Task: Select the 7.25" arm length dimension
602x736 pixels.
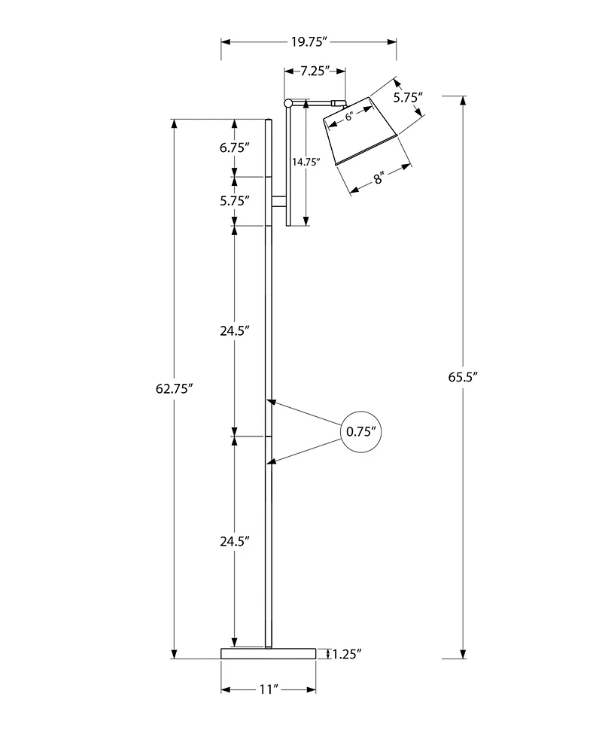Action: (x=316, y=72)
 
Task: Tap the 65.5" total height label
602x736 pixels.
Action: (x=464, y=378)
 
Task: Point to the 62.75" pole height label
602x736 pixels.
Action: (x=175, y=389)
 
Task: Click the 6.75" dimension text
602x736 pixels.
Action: (x=235, y=148)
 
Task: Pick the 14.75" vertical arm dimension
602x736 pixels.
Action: (x=306, y=161)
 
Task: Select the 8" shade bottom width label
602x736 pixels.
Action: (x=379, y=178)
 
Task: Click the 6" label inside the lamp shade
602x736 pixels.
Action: (x=350, y=117)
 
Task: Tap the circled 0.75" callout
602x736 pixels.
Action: (x=361, y=432)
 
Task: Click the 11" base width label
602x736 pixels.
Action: (x=269, y=689)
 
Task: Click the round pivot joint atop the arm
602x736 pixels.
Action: (x=289, y=102)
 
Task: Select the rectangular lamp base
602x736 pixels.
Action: (x=269, y=652)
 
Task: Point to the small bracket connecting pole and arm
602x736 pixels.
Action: (x=278, y=201)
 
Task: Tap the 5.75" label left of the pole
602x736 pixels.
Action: (x=235, y=200)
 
